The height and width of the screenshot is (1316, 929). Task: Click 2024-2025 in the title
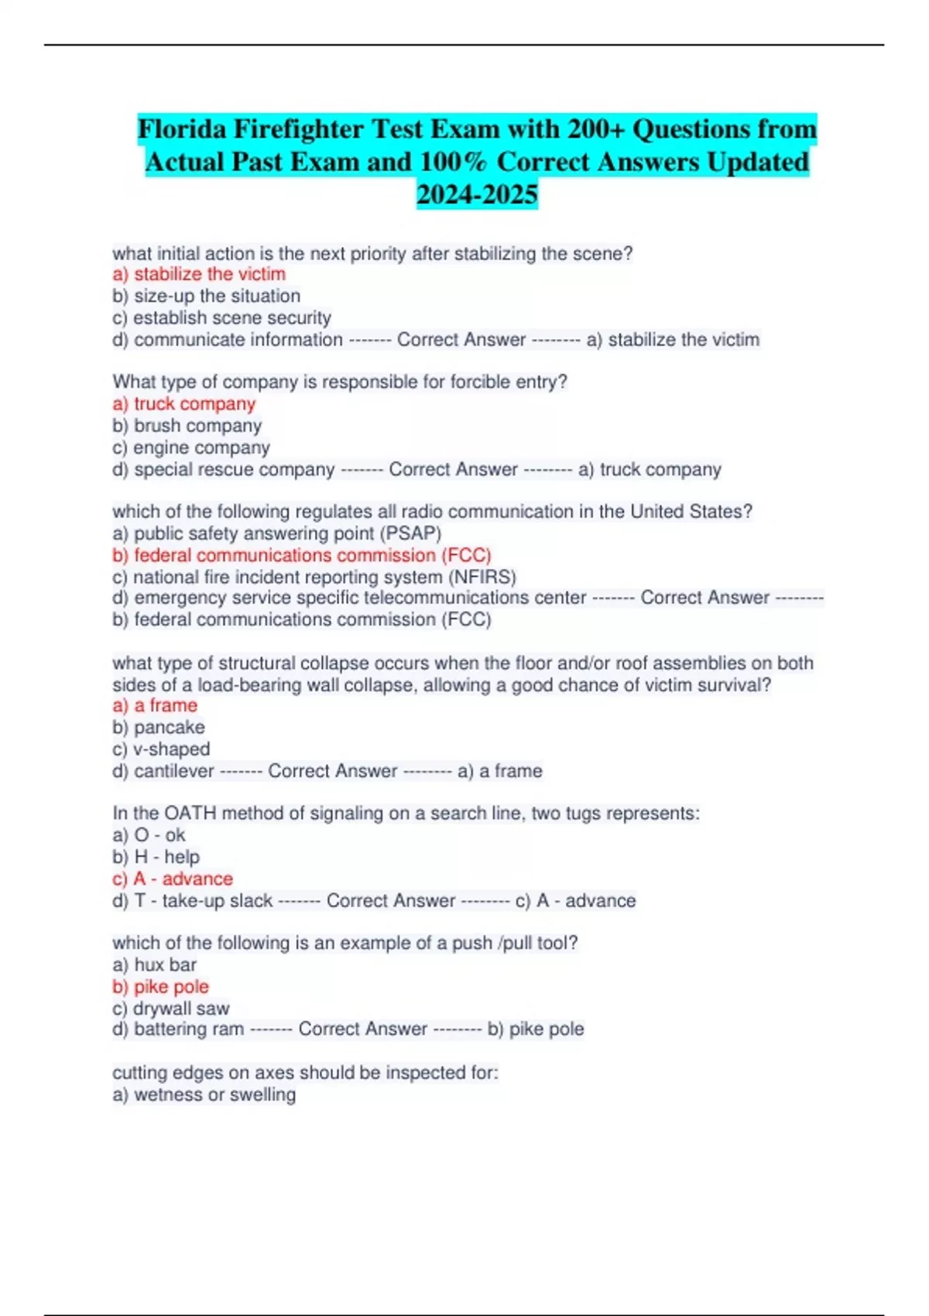(x=477, y=194)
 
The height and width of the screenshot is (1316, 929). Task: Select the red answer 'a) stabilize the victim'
(x=199, y=274)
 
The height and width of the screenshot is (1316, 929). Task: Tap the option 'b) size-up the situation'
(x=206, y=296)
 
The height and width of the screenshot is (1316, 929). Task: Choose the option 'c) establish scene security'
(x=221, y=317)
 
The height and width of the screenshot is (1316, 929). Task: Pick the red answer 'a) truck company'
(x=183, y=404)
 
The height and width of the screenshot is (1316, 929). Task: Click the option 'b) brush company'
(x=187, y=426)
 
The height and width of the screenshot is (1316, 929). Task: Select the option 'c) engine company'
(x=190, y=447)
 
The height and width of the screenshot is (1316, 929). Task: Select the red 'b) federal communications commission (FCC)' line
(x=302, y=555)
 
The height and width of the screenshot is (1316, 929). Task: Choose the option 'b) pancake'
(x=159, y=727)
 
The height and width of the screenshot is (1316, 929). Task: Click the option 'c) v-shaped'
(x=161, y=749)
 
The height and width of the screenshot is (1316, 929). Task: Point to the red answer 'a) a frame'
(x=155, y=705)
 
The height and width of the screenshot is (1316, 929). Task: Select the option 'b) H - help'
(x=156, y=857)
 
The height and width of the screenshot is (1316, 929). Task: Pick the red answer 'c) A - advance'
(x=173, y=879)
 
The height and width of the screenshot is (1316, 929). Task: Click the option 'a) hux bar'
(x=154, y=965)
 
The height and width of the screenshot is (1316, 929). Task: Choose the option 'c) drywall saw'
(x=170, y=1008)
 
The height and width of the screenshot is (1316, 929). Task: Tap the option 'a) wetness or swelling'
(x=204, y=1095)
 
